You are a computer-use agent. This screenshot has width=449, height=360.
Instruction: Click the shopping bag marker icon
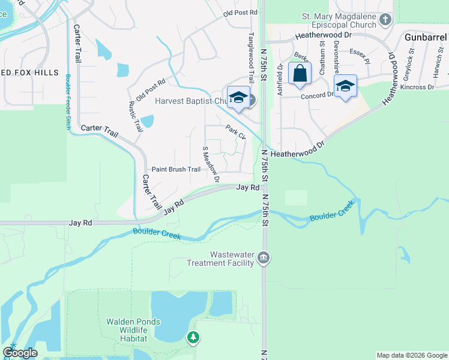(300, 74)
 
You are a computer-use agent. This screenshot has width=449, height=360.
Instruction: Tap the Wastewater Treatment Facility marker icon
(264, 259)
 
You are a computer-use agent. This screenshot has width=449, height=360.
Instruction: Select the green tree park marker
(193, 338)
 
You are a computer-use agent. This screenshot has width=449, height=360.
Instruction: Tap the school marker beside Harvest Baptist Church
(238, 98)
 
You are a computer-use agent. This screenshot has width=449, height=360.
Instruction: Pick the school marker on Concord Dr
(345, 86)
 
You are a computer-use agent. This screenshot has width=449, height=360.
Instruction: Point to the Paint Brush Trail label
(176, 169)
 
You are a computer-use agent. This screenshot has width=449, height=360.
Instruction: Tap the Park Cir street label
(236, 132)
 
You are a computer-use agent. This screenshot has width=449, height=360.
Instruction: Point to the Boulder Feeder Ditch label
(68, 102)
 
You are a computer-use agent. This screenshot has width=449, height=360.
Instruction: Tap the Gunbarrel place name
(426, 37)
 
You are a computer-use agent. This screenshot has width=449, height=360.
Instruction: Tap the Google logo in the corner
(20, 353)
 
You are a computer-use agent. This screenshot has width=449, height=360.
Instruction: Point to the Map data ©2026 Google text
(412, 355)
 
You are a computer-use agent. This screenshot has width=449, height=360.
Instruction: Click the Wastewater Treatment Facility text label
(220, 259)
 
